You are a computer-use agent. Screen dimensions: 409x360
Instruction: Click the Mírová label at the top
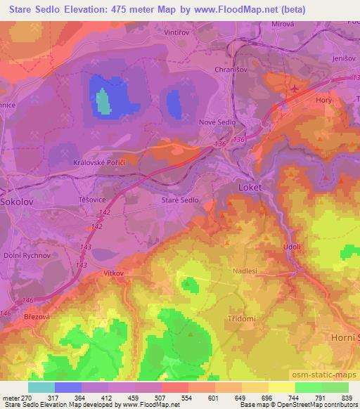pyautogui.click(x=283, y=23)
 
